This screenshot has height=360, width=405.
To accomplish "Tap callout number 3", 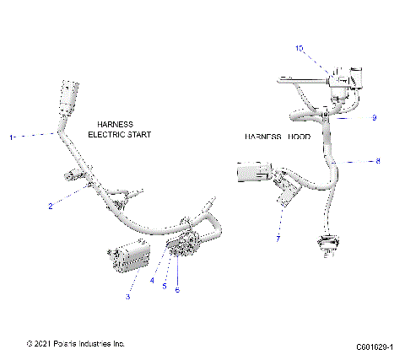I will (x=127, y=297).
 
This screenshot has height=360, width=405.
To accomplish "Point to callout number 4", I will (x=153, y=281).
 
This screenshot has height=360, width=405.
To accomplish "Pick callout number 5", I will (x=165, y=285).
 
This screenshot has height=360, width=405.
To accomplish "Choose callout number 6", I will (x=178, y=290).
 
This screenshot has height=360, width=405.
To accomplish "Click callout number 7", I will (x=278, y=239).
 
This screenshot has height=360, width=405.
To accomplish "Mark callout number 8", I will (x=378, y=159).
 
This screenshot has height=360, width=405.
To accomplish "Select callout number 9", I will (x=374, y=117).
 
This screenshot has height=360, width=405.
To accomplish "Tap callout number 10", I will (x=299, y=49).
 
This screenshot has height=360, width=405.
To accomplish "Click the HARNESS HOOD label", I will (x=278, y=136).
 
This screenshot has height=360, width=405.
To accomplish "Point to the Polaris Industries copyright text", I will (x=76, y=344).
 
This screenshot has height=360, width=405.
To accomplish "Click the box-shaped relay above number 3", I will (x=127, y=257).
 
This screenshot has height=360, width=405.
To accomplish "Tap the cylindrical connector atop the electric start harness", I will (x=68, y=97).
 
